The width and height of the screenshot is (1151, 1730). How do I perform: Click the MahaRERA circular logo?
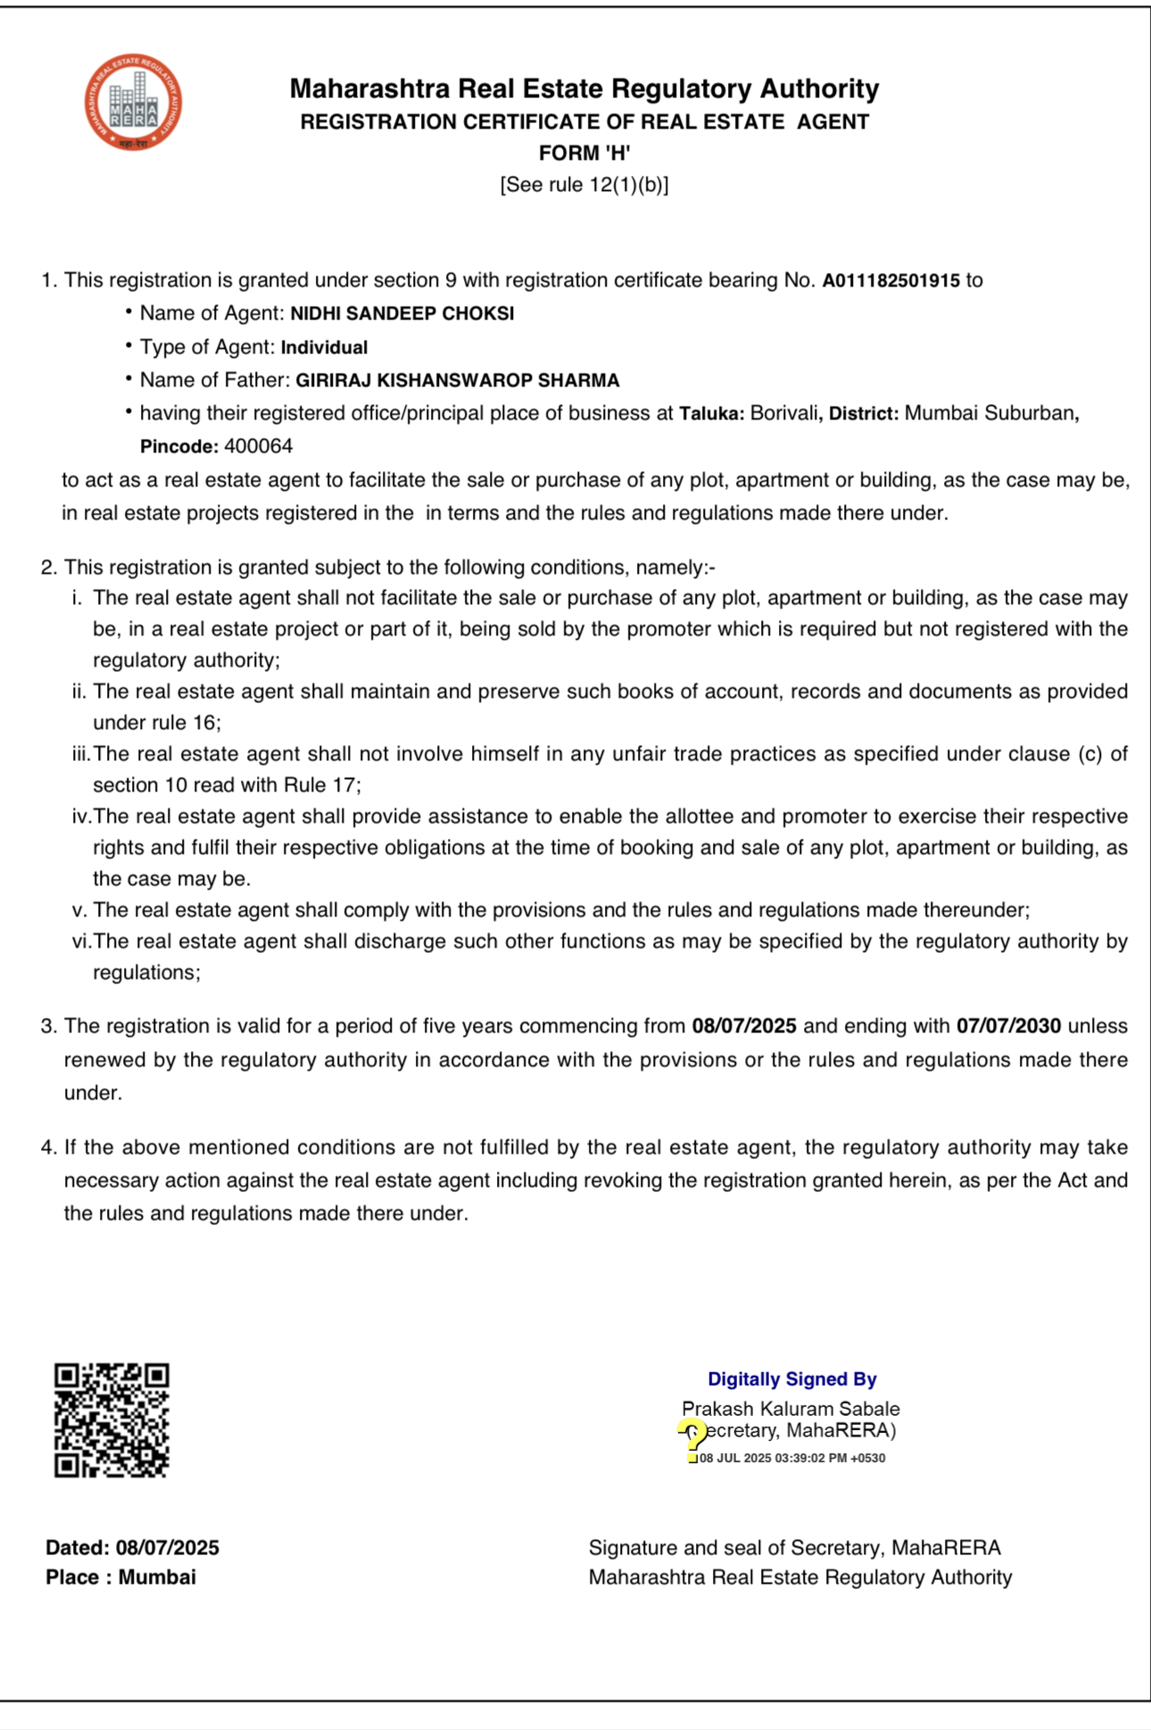point(134,102)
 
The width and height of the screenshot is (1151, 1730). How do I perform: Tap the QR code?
point(112,1420)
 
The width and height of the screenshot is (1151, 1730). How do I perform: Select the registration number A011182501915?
point(890,280)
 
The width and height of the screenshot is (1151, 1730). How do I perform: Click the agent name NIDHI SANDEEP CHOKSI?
point(402,314)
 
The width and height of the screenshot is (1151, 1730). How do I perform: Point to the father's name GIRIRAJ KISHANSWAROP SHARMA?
point(457,381)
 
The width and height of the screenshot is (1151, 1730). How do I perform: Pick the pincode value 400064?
point(258,446)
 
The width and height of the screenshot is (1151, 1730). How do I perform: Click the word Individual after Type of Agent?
point(324,347)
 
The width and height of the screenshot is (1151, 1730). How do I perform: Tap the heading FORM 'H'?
point(584,153)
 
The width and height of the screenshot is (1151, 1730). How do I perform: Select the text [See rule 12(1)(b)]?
point(584,185)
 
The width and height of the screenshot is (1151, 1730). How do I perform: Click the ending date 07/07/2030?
point(1008,1026)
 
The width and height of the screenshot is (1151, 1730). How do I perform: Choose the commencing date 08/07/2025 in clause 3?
point(743,1026)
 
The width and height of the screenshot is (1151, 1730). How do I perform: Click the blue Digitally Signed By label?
point(791,1379)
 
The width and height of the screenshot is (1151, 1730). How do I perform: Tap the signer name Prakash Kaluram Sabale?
point(791,1409)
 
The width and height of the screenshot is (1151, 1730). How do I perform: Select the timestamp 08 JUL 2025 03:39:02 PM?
point(792,1458)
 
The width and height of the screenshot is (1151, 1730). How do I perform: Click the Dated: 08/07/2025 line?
point(132,1548)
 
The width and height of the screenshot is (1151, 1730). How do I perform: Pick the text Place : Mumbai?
point(120,1577)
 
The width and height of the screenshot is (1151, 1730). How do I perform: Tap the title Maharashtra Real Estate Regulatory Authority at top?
point(584,88)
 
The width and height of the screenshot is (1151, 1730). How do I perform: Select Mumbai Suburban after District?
point(990,413)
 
